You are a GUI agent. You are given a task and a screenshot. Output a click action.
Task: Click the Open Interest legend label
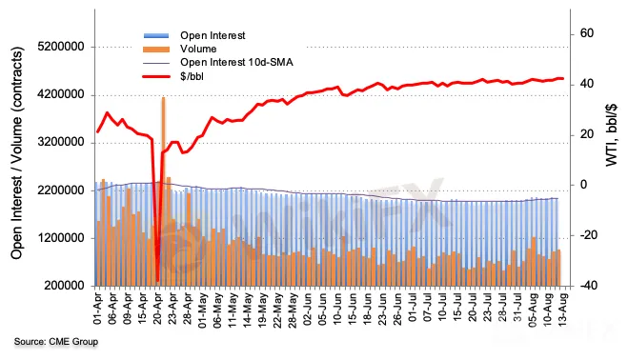point(213,35)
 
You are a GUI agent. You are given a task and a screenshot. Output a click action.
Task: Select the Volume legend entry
point(198,49)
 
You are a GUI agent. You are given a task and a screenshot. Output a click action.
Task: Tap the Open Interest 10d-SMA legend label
point(236,63)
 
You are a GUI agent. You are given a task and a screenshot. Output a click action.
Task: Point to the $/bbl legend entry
point(192,76)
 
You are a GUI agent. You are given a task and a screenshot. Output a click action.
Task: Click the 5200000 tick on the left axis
point(61,47)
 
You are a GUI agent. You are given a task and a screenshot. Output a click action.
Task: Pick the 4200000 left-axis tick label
point(61,94)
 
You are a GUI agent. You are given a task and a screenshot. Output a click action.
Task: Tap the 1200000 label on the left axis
point(61,238)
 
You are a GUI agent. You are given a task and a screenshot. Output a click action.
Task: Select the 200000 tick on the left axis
point(64,286)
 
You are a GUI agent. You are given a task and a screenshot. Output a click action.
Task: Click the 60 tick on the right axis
point(587,33)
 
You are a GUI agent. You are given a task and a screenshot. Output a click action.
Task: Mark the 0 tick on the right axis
point(583,185)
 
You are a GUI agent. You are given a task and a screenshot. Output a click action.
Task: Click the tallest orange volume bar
point(163,191)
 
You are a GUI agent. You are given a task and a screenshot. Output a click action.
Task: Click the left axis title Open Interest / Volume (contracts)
point(17,152)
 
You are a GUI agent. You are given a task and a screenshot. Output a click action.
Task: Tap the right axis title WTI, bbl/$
point(611,135)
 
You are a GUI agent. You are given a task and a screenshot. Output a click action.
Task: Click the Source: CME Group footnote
point(56,342)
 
